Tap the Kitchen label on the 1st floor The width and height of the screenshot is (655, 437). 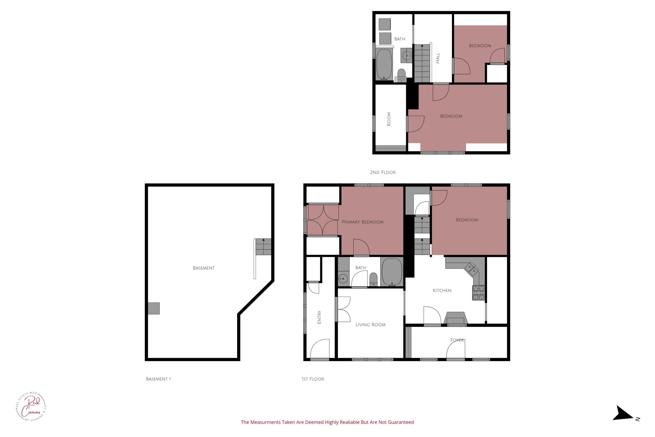pyautogui.click(x=442, y=290)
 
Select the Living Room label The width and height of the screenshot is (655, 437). pyautogui.click(x=370, y=325)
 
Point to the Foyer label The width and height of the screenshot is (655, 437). pyautogui.click(x=457, y=340)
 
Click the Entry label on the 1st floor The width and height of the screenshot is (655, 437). pyautogui.click(x=319, y=317)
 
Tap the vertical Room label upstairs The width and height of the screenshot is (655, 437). pyautogui.click(x=389, y=119)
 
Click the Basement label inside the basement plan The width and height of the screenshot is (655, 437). pyautogui.click(x=203, y=268)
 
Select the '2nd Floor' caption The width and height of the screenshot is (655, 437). pyautogui.click(x=383, y=172)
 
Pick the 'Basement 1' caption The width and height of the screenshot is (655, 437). pyautogui.click(x=158, y=379)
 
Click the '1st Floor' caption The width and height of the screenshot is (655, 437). pyautogui.click(x=313, y=379)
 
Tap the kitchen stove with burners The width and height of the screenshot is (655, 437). pyautogui.click(x=478, y=293)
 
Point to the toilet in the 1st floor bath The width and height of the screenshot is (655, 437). pyautogui.click(x=373, y=279)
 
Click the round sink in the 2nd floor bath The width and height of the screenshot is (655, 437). pyautogui.click(x=407, y=55)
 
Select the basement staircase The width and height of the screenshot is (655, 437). pyautogui.click(x=263, y=247)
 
